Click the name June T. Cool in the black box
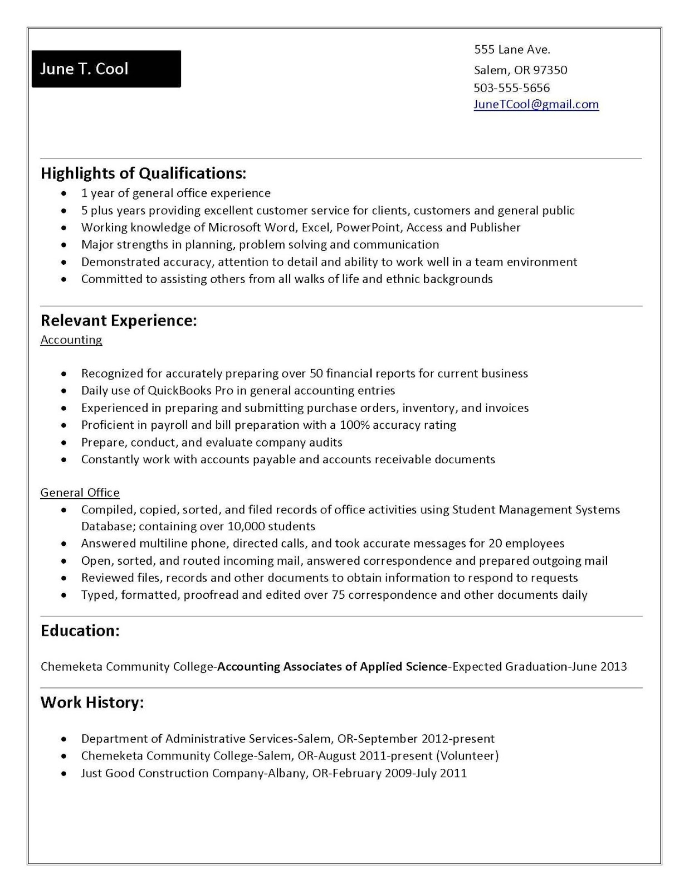point(84,69)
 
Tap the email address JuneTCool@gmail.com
point(536,104)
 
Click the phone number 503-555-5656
point(511,88)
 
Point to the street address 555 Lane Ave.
point(512,50)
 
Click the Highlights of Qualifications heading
point(143,173)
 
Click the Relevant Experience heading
point(119,320)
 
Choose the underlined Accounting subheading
point(71,340)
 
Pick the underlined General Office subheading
point(80,492)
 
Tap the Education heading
point(80,631)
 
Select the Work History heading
point(92,702)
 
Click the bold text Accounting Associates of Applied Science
point(332,666)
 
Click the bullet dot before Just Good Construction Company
point(65,774)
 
